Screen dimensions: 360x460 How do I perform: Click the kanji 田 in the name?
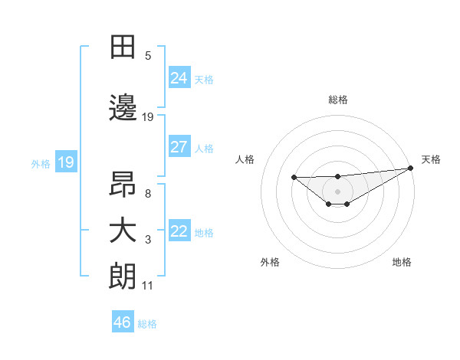123,47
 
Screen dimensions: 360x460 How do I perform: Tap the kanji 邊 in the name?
123,109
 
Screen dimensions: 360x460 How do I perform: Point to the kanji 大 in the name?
123,231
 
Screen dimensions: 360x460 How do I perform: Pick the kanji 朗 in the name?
123,277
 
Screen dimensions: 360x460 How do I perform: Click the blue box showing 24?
179,78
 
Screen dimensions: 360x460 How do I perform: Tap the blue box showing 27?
179,147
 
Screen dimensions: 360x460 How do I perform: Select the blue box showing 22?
179,231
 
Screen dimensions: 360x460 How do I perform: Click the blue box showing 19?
65,162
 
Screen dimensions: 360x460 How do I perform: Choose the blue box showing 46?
123,322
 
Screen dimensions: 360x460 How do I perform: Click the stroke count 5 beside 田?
148,55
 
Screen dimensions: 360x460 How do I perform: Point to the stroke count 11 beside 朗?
148,286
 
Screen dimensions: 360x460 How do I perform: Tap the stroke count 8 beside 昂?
148,193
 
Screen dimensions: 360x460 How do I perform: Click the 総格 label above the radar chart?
338,100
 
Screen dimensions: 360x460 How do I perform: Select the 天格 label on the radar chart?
431,159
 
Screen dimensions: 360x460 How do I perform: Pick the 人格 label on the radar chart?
245,159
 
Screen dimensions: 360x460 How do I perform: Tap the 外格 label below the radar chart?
270,263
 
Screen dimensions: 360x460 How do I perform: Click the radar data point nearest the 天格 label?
411,168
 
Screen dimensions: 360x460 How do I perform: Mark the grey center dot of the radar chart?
338,191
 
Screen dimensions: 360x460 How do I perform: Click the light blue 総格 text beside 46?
147,324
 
